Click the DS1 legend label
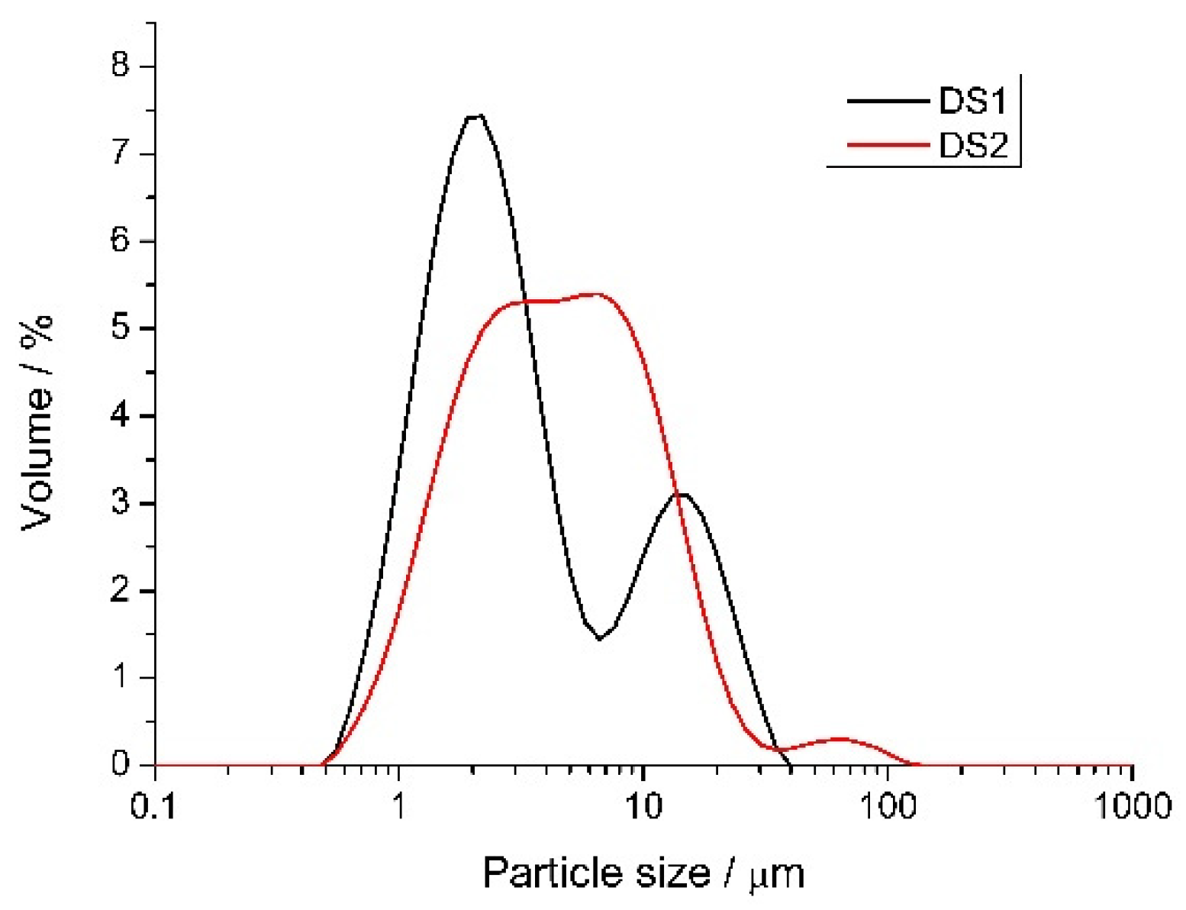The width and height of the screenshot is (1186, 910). pyautogui.click(x=972, y=101)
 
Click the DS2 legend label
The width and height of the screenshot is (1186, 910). pyautogui.click(x=972, y=144)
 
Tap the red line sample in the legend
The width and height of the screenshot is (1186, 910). pyautogui.click(x=887, y=144)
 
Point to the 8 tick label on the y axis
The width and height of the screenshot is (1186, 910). pyautogui.click(x=121, y=66)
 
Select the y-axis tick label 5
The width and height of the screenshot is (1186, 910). pyautogui.click(x=121, y=328)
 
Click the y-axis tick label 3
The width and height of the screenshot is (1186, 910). pyautogui.click(x=121, y=503)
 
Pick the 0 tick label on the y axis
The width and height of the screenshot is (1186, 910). pyautogui.click(x=121, y=764)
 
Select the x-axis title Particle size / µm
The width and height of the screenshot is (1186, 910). pyautogui.click(x=643, y=872)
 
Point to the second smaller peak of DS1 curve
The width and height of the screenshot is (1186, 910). pyautogui.click(x=682, y=495)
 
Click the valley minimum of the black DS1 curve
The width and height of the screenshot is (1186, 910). pyautogui.click(x=600, y=639)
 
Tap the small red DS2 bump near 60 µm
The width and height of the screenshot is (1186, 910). pyautogui.click(x=840, y=739)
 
